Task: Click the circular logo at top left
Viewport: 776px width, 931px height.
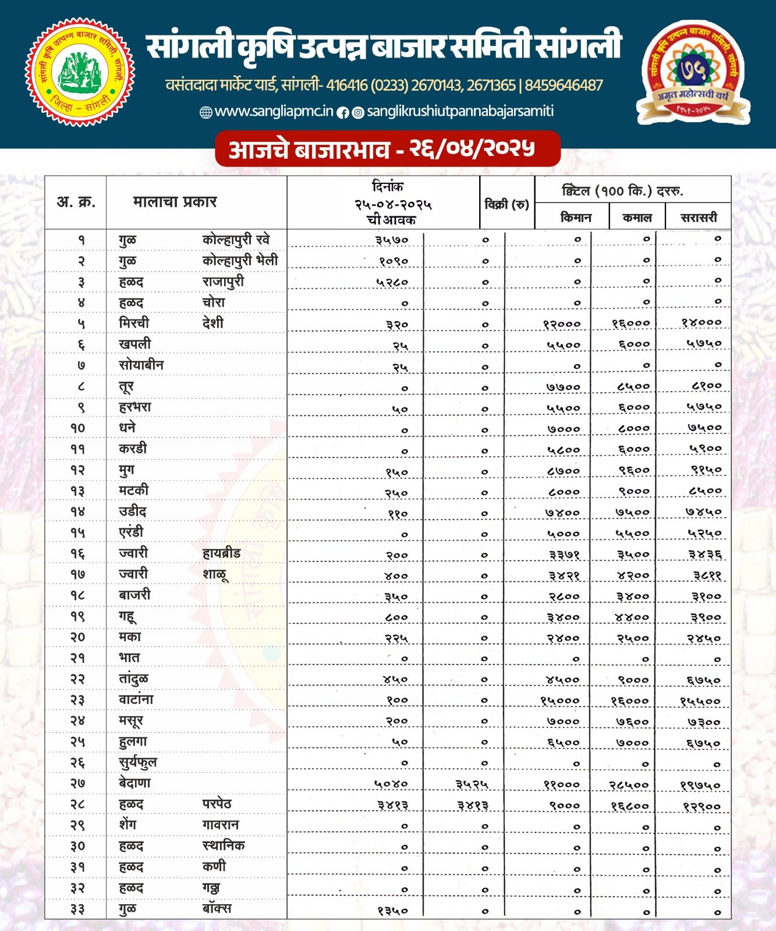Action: (x=80, y=72)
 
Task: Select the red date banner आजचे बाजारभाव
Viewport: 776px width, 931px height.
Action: (x=387, y=149)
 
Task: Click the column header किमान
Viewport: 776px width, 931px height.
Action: (x=576, y=218)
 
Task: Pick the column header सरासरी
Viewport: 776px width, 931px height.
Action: (x=699, y=218)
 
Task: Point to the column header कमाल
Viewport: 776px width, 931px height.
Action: (x=637, y=218)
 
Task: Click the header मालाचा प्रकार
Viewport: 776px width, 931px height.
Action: (x=175, y=202)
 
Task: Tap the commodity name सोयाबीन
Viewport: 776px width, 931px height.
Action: (x=141, y=365)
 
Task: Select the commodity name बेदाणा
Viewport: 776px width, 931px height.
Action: (x=134, y=783)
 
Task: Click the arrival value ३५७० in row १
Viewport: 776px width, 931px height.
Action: (x=392, y=240)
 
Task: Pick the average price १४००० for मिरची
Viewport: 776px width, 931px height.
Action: (x=701, y=323)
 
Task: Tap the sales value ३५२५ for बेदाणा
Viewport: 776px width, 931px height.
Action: (x=471, y=785)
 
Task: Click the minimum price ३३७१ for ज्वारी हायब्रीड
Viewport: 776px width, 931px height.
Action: (x=564, y=555)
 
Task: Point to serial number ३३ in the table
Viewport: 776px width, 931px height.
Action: (x=77, y=909)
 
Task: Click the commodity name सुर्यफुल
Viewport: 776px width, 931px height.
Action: (x=138, y=762)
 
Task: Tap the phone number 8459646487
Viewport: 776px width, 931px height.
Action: (x=564, y=86)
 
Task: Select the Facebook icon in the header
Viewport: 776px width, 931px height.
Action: (x=343, y=113)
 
